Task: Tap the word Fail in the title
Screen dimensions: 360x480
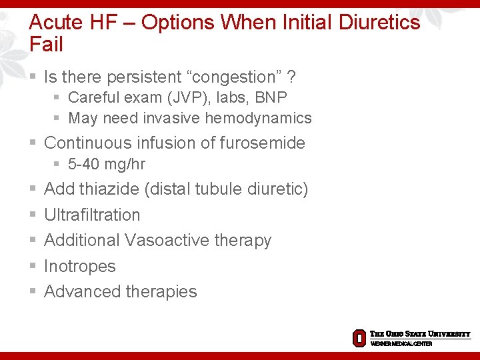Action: (46, 45)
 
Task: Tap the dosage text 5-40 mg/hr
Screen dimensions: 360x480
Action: (107, 164)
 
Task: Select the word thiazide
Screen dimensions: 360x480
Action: (109, 189)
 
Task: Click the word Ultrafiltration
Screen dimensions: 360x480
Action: (92, 215)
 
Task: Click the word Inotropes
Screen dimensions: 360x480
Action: (79, 266)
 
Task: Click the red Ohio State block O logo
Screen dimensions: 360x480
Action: (359, 338)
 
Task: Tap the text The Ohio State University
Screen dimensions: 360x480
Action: (420, 334)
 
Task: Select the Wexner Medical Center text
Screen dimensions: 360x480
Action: (401, 343)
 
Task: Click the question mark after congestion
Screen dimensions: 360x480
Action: (291, 77)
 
